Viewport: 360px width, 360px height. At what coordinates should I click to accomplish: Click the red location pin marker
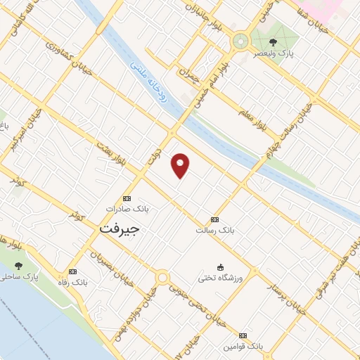point(181,165)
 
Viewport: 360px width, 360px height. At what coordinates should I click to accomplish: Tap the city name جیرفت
point(120,229)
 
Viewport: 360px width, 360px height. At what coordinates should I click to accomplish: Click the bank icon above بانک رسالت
point(214,219)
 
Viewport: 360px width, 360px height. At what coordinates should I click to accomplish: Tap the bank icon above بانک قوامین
point(243,336)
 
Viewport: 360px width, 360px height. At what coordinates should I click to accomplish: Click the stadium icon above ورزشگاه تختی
point(220,267)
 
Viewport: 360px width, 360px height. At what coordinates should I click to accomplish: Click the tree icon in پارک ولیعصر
point(273,41)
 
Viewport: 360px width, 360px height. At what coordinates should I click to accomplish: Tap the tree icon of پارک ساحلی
point(18,266)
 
